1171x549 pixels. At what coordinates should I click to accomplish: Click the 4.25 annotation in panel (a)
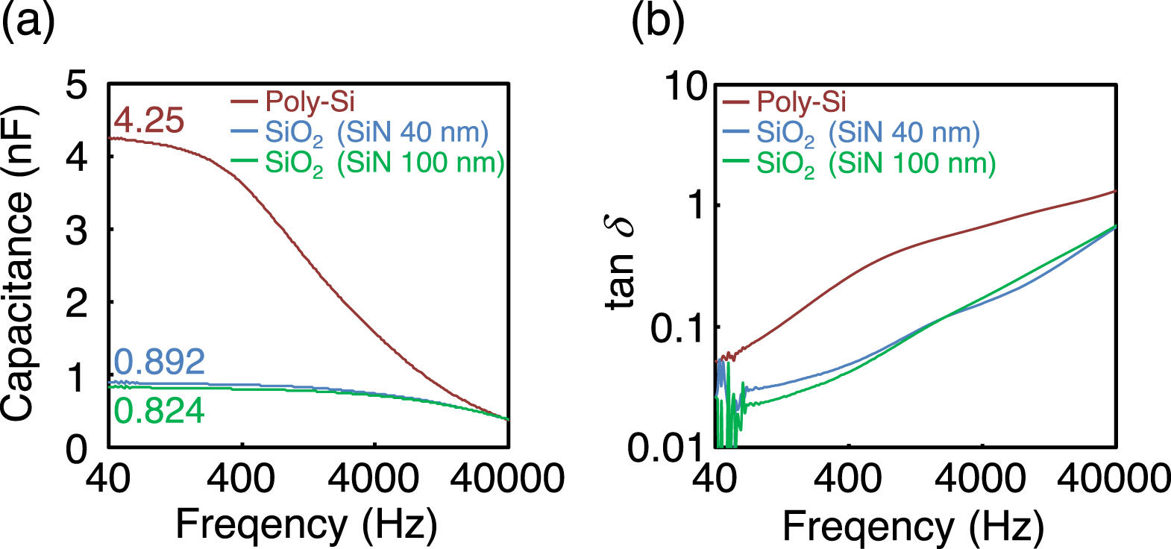click(x=148, y=120)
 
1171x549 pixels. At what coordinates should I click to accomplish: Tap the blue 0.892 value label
click(x=159, y=362)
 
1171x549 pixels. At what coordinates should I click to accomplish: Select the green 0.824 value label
click(x=159, y=411)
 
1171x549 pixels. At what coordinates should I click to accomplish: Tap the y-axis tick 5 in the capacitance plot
click(x=76, y=85)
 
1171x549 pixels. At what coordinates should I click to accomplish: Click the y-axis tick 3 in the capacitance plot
click(x=76, y=231)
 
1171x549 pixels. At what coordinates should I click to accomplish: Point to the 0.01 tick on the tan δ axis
click(x=666, y=448)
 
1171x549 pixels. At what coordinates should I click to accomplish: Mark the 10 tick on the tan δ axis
click(x=685, y=87)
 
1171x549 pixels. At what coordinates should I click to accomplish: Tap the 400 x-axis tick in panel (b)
click(x=848, y=478)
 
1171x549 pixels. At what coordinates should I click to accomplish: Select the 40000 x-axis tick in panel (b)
click(x=1114, y=478)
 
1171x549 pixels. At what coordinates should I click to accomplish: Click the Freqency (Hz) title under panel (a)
click(x=306, y=524)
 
